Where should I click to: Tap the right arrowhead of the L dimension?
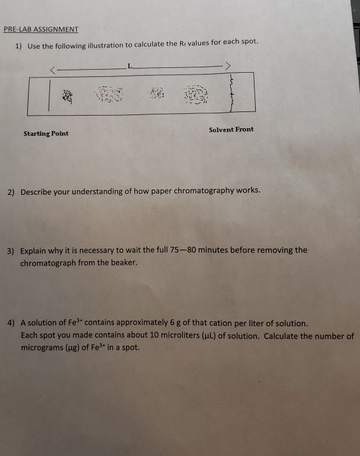click(x=226, y=65)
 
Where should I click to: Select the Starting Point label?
click(x=46, y=134)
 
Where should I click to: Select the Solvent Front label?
click(x=231, y=129)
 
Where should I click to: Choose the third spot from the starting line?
click(x=157, y=92)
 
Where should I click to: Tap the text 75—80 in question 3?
click(x=185, y=250)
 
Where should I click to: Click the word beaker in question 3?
click(x=123, y=263)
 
